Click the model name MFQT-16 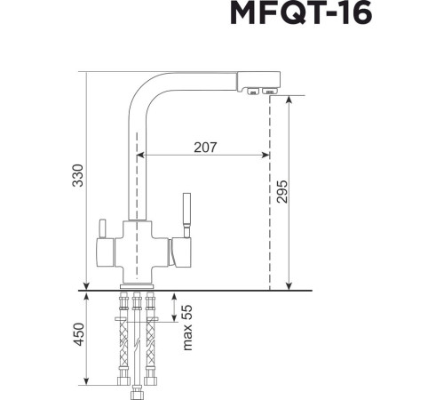coord(301,15)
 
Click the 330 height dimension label coord(77,176)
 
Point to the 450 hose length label coord(77,335)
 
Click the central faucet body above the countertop coord(138,249)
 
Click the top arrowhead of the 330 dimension coord(86,76)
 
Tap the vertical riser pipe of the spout coord(138,160)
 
